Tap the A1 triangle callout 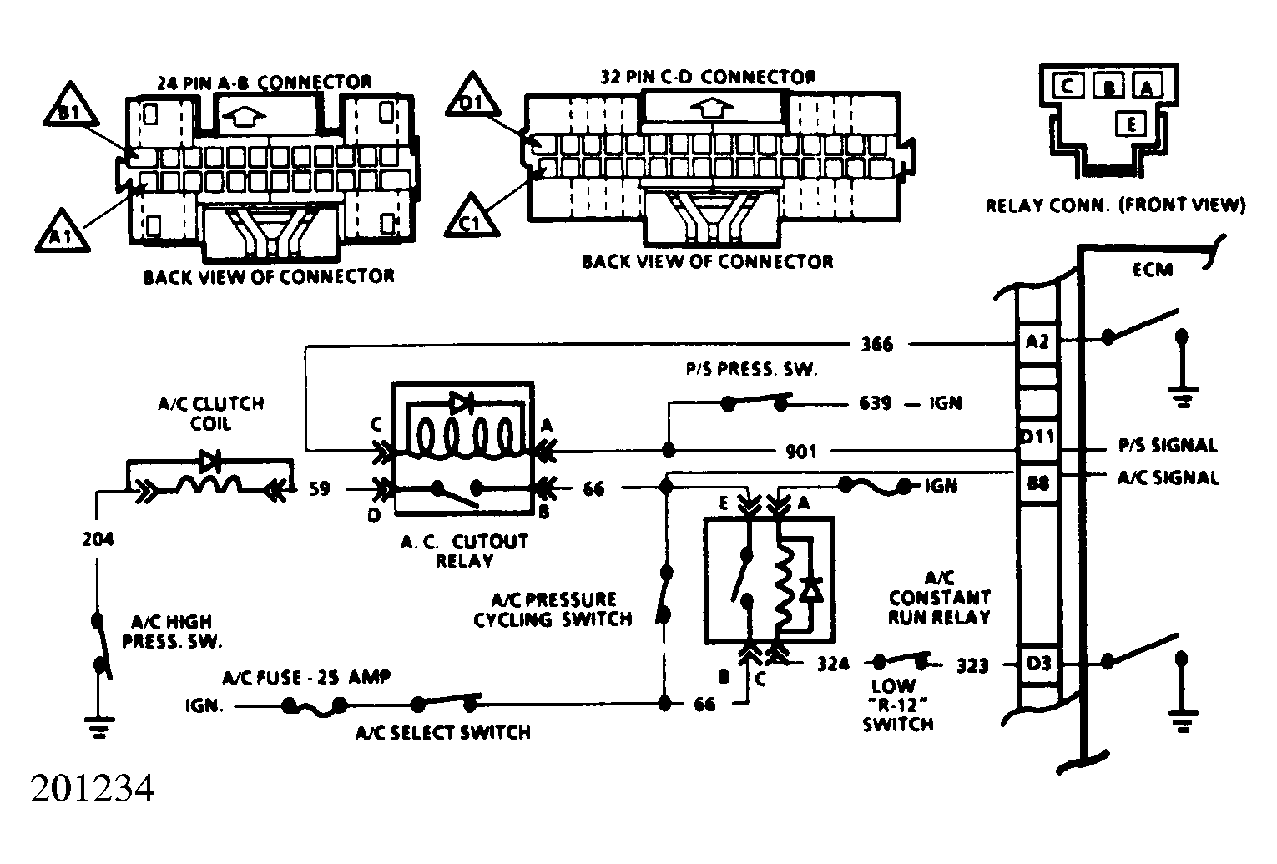coord(62,232)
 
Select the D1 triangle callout coord(472,97)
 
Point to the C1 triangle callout coord(472,217)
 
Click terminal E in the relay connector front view coord(1130,124)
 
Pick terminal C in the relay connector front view coord(1068,88)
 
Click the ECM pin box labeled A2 coord(1037,343)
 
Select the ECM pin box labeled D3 coord(1037,664)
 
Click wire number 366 coord(877,345)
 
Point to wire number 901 coord(801,452)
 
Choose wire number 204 coord(98,539)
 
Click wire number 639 coord(875,403)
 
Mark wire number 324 coord(833,664)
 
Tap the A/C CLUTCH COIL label coord(211,413)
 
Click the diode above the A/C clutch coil coord(209,461)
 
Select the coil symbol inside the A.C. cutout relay coord(464,439)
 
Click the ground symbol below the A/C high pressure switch coord(99,727)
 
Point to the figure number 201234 coord(92,789)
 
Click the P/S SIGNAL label coord(1168,446)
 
